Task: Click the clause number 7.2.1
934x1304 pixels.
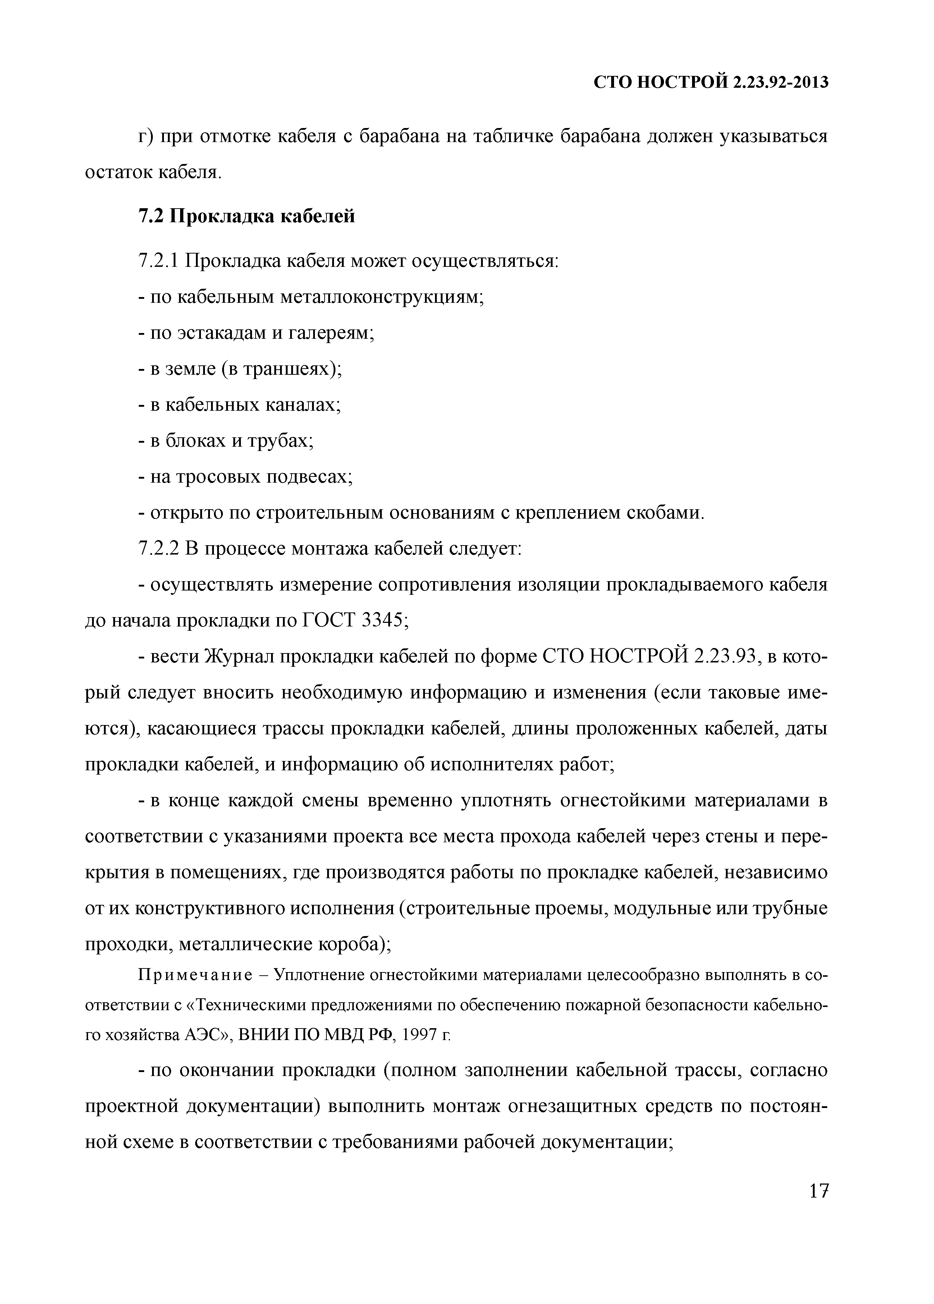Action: (x=160, y=261)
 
